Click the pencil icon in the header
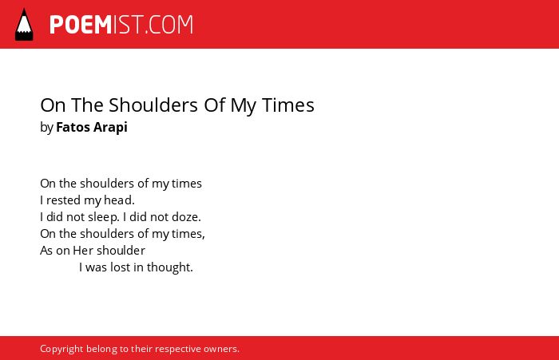pyautogui.click(x=24, y=25)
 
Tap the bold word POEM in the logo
pyautogui.click(x=81, y=25)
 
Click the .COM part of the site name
pyautogui.click(x=168, y=25)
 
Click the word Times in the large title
pyautogui.click(x=288, y=105)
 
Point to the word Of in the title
pyautogui.click(x=214, y=105)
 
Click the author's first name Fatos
pyautogui.click(x=73, y=127)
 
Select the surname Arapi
pyautogui.click(x=110, y=128)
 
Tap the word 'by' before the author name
pyautogui.click(x=46, y=128)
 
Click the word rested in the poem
pyautogui.click(x=63, y=200)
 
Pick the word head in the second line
pyautogui.click(x=117, y=200)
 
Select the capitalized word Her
pyautogui.click(x=83, y=251)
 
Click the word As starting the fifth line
pyautogui.click(x=46, y=251)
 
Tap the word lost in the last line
pyautogui.click(x=120, y=267)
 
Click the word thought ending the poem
pyautogui.click(x=168, y=267)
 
